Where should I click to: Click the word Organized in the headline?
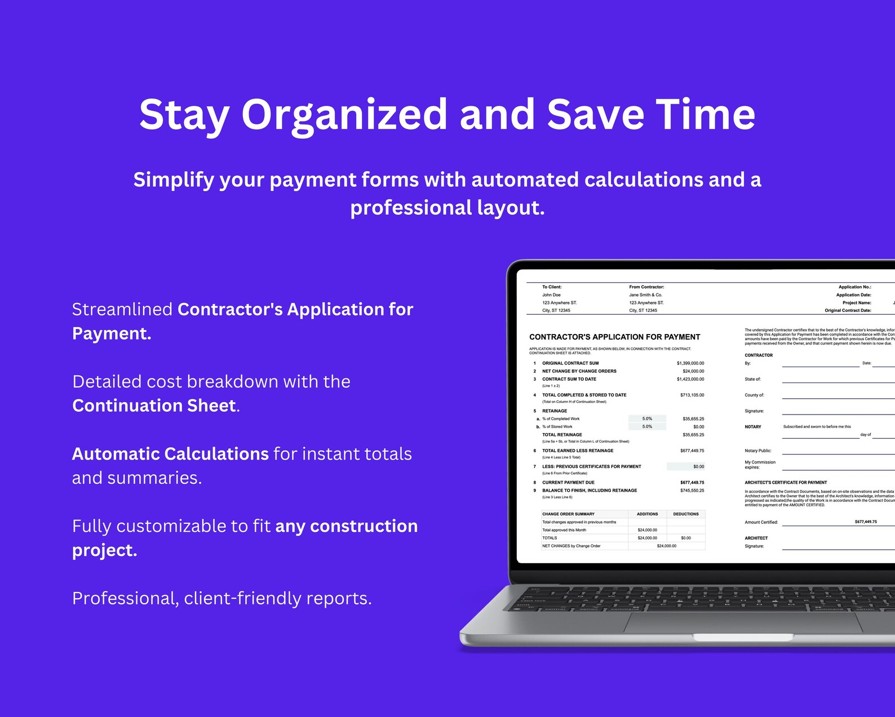pos(344,115)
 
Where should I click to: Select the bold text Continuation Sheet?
pos(154,406)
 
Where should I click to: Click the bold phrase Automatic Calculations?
pos(170,454)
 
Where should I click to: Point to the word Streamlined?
pos(122,309)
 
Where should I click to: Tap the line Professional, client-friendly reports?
pos(221,598)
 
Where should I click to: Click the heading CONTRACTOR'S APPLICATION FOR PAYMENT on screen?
pos(614,337)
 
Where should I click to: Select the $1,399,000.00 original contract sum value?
pos(690,363)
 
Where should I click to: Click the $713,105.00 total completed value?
pos(692,395)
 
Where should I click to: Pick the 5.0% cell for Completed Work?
pos(647,418)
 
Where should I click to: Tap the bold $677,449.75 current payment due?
pos(692,483)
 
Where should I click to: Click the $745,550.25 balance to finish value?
pos(692,491)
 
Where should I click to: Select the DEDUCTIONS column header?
pos(685,514)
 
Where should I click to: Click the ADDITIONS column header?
pos(647,514)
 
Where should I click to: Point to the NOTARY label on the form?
pos(752,427)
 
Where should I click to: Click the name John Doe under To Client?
pos(551,295)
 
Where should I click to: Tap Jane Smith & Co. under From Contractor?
pos(645,295)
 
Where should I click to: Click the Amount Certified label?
pos(761,522)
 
